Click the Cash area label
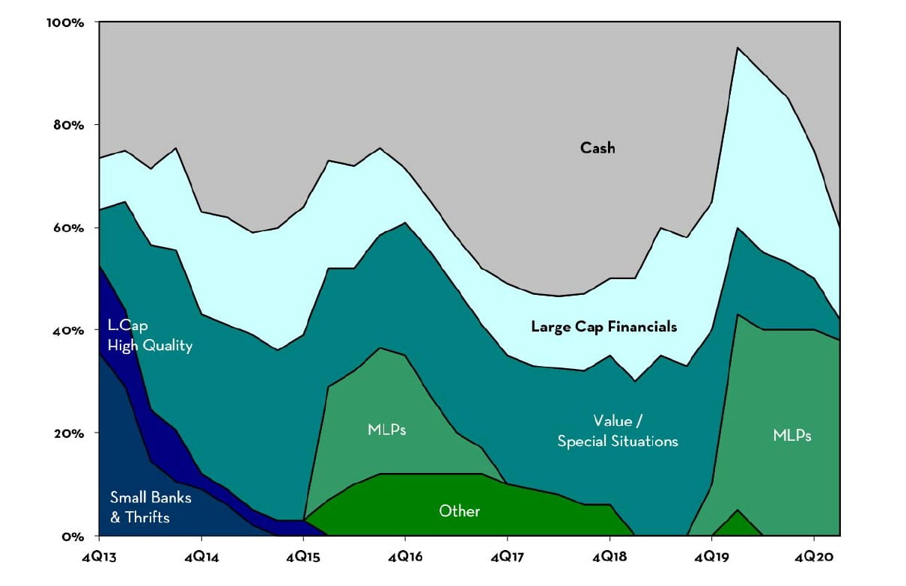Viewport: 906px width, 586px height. pos(598,148)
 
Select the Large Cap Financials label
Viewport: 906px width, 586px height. pos(604,326)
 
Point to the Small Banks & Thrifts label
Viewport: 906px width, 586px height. pos(140,507)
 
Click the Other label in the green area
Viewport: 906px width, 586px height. pos(459,511)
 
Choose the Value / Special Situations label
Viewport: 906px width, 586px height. pos(617,430)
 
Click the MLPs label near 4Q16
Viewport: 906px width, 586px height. pos(387,430)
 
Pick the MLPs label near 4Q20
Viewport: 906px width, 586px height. pos(792,435)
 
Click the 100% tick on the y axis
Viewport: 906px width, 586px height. pos(66,22)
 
